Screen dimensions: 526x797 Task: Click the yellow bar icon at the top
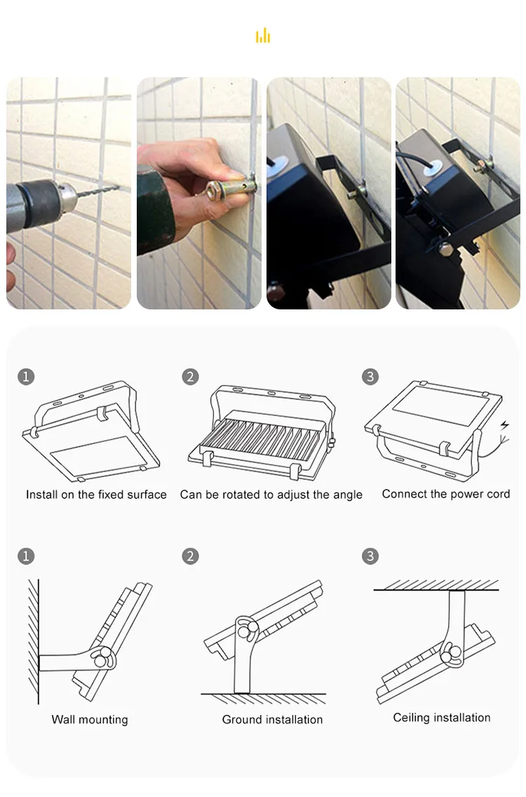263,36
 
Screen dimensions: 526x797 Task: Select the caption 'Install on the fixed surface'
96,495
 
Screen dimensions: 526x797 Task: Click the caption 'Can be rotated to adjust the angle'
271,495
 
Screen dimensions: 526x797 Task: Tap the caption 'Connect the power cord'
446,494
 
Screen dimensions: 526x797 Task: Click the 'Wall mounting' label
90,719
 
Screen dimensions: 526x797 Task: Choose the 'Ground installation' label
272,719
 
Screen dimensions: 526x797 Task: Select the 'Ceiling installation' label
442,717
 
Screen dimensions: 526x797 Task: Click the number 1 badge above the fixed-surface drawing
26,377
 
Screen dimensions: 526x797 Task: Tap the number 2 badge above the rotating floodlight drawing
190,377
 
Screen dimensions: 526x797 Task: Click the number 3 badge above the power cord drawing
370,377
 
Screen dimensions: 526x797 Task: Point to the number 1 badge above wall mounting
26,556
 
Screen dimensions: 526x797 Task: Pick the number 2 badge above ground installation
190,556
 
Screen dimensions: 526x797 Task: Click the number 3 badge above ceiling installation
370,556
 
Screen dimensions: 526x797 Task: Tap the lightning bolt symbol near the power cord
505,425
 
